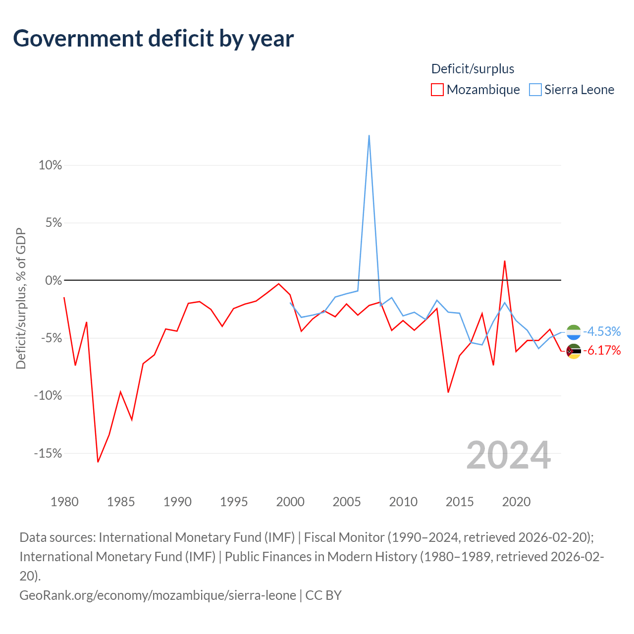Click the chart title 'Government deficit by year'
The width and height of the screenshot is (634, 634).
[x=153, y=39]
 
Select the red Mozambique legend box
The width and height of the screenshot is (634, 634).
[x=437, y=90]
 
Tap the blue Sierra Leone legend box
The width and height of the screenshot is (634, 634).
[x=535, y=90]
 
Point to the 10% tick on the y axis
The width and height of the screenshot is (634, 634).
[x=50, y=165]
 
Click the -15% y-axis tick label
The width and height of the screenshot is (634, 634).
[x=48, y=453]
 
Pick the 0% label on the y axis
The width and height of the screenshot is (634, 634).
[x=53, y=280]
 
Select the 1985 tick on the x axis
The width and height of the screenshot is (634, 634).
[x=121, y=502]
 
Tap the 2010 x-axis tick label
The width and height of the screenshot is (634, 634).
[x=403, y=502]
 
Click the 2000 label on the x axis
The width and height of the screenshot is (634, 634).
[x=290, y=502]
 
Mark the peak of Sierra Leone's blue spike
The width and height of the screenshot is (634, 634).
[x=369, y=135]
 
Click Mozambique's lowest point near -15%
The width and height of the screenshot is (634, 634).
[x=98, y=462]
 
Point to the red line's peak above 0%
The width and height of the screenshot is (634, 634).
[x=504, y=261]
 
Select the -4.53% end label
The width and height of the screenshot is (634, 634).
[x=602, y=331]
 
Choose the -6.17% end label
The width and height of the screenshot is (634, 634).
[x=602, y=350]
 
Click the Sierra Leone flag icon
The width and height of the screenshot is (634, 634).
[x=574, y=332]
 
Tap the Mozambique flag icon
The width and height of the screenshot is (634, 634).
[x=574, y=351]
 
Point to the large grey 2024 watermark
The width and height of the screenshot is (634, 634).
[x=508, y=455]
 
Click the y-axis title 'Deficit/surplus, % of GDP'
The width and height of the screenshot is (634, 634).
[x=21, y=298]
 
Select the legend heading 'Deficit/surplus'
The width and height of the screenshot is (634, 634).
[x=473, y=69]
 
